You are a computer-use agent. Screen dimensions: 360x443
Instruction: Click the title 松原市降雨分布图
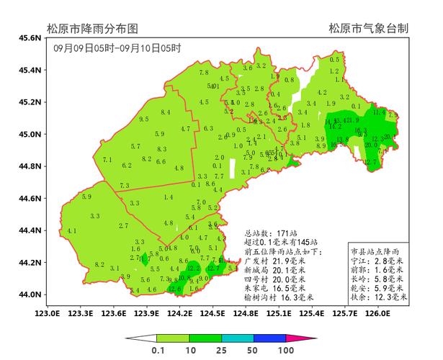click(x=92, y=29)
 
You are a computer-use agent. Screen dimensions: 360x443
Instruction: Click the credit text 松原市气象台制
click(x=369, y=29)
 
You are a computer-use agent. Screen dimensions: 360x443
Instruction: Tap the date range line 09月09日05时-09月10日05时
click(x=117, y=49)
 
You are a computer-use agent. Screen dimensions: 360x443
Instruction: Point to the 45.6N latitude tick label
click(x=30, y=37)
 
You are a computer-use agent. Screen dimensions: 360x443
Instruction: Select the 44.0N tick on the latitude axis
click(x=30, y=294)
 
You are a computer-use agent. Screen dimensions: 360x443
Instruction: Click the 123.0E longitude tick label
click(x=48, y=313)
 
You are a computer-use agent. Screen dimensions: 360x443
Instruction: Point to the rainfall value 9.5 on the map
click(x=144, y=119)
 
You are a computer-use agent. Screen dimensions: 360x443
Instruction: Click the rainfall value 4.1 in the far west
click(x=71, y=230)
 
